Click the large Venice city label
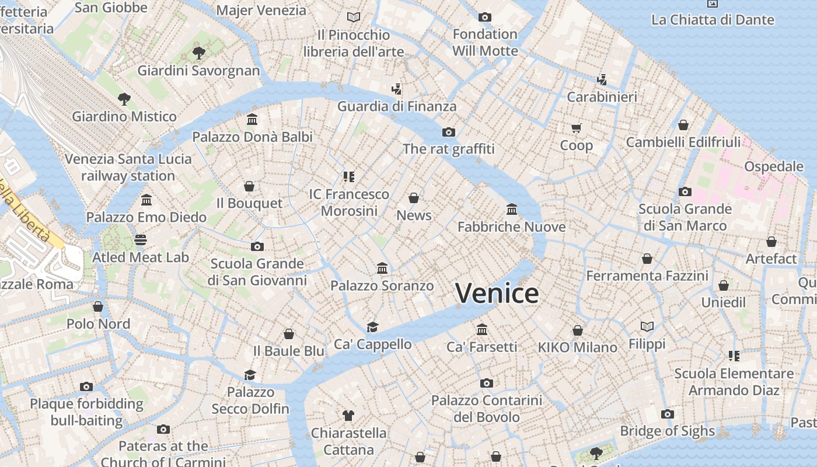coord(497,293)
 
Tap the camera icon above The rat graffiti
coord(448,132)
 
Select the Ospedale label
coord(774,166)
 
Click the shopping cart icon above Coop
coord(576,128)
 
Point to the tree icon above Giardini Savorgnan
coord(198,53)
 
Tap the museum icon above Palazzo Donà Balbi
coord(252,120)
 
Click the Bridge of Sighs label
coord(667,431)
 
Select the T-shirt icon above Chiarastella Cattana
coord(348,416)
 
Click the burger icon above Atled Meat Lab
coord(141,240)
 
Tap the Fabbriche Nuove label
coord(511,226)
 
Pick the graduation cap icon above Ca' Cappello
coord(372,327)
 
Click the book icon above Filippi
coord(647,326)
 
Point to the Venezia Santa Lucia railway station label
coord(128,167)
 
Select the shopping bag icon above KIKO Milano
coord(577,330)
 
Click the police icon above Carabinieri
coord(602,79)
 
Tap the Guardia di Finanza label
coord(397,106)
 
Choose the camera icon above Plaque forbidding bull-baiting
coord(86,386)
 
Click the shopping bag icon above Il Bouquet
coord(249,186)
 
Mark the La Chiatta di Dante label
coord(713,19)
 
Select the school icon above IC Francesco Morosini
coord(349,176)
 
